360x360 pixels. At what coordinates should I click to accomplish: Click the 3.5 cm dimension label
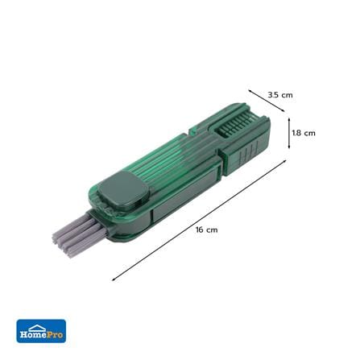click(x=280, y=95)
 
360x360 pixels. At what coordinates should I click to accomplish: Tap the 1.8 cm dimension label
click(x=304, y=133)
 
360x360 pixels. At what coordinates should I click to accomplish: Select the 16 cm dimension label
click(x=206, y=230)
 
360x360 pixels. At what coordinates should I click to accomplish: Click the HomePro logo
click(x=41, y=331)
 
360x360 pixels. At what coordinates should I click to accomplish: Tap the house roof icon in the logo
click(x=38, y=327)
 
